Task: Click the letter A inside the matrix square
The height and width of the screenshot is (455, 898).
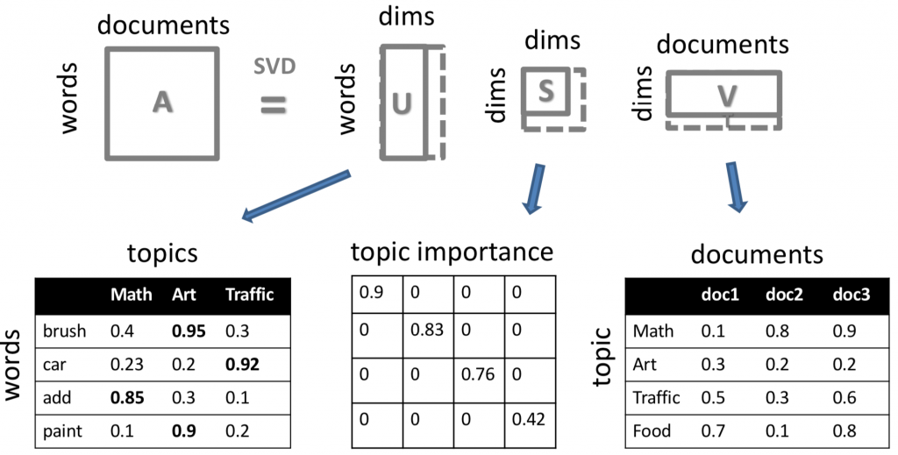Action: point(162,103)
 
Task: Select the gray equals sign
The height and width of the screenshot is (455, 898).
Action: point(274,105)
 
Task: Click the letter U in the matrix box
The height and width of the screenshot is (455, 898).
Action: point(401,103)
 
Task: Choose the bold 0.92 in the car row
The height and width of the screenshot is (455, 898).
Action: point(242,363)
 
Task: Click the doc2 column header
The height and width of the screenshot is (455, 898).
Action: point(787,296)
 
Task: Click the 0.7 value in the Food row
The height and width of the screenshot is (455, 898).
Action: point(711,430)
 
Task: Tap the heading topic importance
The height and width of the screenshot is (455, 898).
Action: point(452,253)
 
